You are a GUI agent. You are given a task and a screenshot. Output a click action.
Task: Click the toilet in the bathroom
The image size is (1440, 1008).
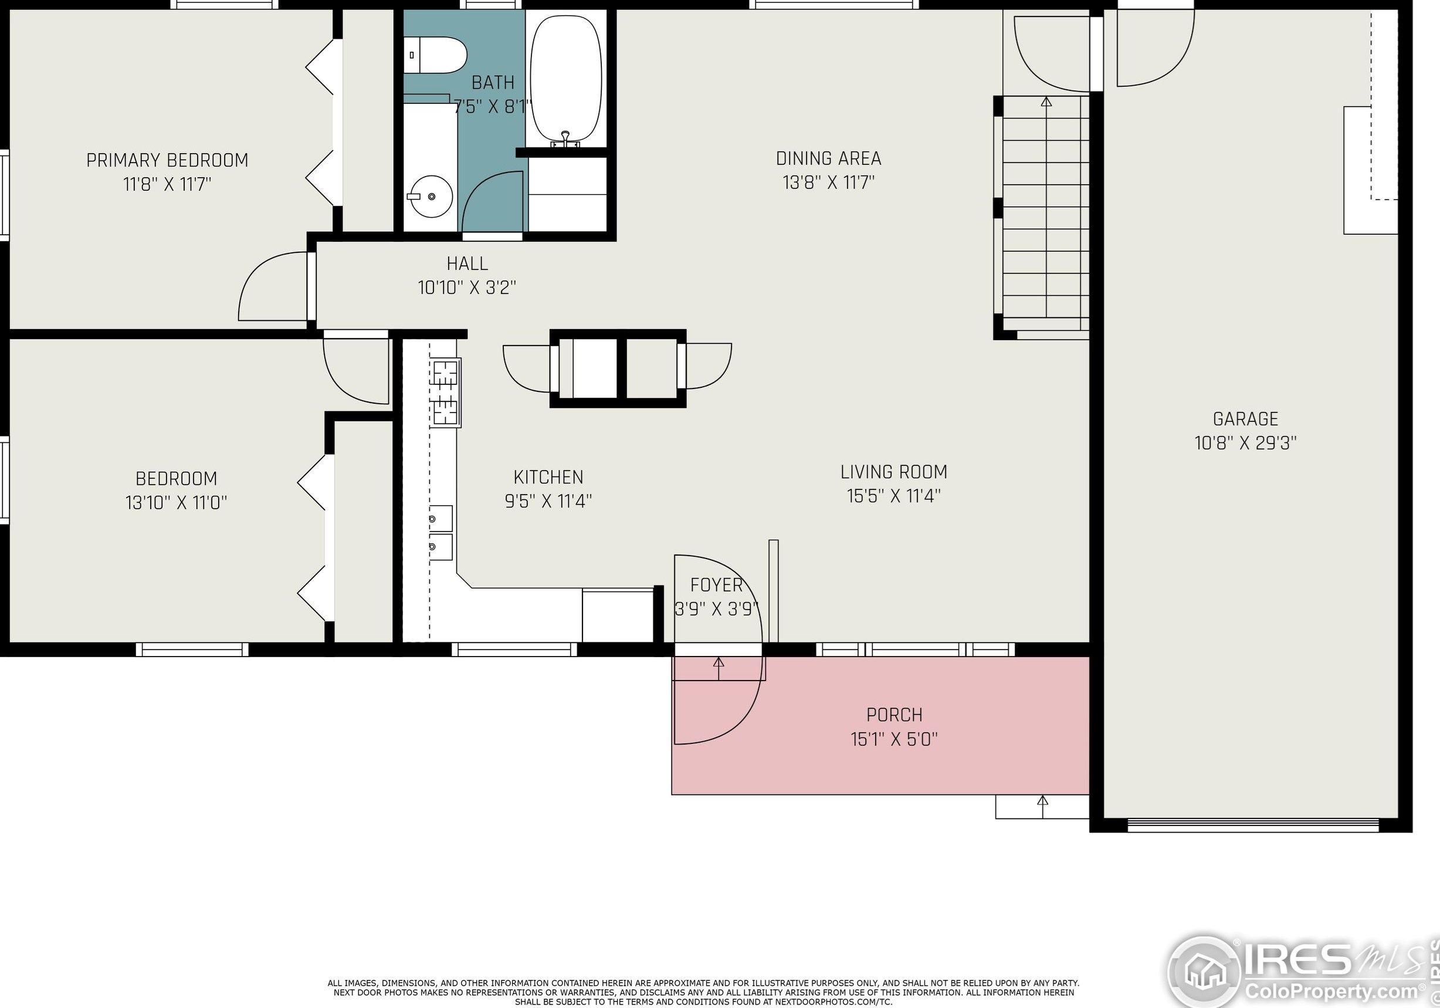coord(435,55)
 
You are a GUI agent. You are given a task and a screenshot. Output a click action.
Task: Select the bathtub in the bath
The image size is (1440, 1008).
coord(565,79)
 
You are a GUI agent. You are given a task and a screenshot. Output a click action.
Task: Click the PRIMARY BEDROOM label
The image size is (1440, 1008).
coord(167,161)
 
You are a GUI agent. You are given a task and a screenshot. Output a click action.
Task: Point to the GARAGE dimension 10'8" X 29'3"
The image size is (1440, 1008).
coord(1246,443)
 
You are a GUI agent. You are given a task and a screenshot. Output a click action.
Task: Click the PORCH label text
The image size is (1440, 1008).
coord(895,715)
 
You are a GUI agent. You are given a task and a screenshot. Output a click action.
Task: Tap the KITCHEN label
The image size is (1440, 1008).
coord(548,478)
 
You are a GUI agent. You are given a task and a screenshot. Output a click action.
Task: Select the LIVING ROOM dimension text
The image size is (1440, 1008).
coord(894,496)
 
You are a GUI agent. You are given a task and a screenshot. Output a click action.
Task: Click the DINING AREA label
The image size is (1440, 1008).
coord(828,158)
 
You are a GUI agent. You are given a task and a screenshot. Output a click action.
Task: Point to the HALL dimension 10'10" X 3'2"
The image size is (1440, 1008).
coord(467,287)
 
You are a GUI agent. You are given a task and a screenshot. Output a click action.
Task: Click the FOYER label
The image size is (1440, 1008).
coord(716,585)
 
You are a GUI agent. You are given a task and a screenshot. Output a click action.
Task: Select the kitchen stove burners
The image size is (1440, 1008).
coord(445,393)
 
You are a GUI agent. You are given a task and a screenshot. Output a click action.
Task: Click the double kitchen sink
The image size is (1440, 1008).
coord(441,533)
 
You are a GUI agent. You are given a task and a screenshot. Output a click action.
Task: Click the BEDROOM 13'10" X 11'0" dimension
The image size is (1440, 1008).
coord(176,502)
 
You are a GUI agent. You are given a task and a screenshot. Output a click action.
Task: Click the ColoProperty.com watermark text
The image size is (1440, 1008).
coord(1331,991)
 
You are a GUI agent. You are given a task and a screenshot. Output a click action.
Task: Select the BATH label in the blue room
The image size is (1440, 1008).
coord(493,83)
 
